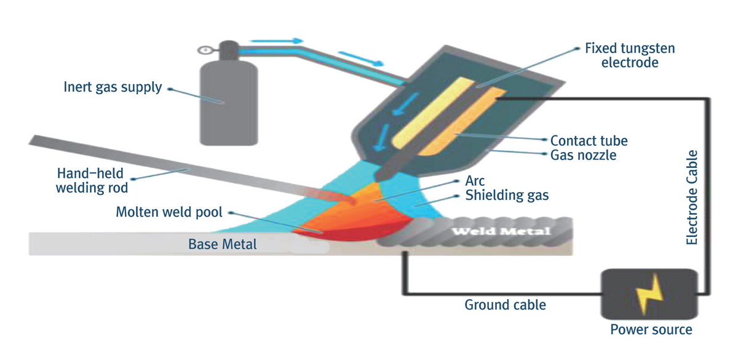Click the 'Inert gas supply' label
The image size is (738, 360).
(x=113, y=87)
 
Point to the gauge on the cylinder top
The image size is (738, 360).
(x=204, y=49)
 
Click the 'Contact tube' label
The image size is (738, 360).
(x=589, y=140)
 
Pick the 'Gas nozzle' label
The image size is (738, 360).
(x=583, y=155)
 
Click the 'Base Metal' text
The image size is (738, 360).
(x=222, y=245)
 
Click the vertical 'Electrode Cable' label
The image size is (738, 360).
(x=692, y=197)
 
